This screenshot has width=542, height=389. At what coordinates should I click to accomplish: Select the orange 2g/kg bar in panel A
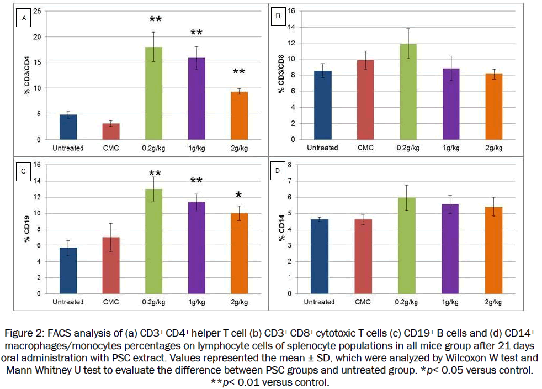[x=239, y=115]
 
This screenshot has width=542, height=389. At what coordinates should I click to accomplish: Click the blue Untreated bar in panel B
[x=322, y=105]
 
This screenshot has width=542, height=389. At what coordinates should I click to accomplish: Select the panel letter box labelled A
[x=24, y=18]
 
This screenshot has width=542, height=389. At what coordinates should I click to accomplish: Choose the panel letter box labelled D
[x=278, y=171]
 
